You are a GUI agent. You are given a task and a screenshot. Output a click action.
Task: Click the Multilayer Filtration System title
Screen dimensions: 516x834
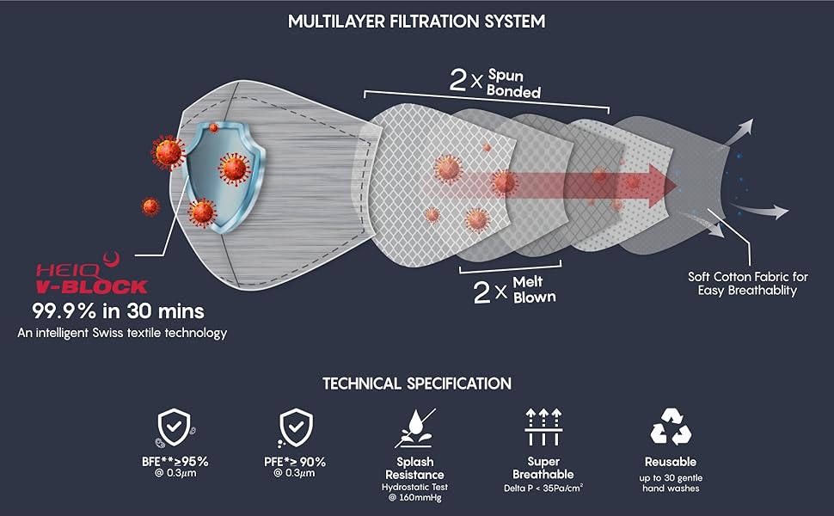417,21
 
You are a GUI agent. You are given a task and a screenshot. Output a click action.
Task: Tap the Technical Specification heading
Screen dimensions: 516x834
417,384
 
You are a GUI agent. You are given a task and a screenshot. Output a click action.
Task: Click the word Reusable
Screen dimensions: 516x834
671,462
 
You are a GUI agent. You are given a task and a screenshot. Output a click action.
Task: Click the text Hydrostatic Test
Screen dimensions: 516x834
414,488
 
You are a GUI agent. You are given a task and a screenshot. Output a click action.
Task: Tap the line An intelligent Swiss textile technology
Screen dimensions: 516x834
122,332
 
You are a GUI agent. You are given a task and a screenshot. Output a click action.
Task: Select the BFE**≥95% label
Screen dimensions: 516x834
175,462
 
